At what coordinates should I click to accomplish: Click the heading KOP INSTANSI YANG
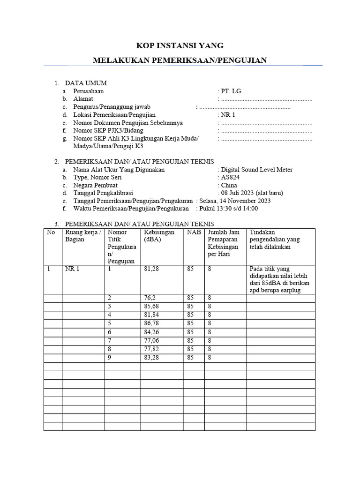(180, 45)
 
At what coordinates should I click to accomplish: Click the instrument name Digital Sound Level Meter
(256, 170)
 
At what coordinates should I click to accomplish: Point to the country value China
(229, 185)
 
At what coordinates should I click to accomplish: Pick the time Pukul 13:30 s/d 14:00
(228, 209)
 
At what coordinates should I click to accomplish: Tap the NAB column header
(193, 232)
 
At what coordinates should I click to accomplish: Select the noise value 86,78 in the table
(153, 323)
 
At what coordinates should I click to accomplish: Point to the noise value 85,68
(153, 307)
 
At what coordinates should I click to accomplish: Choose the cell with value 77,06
(153, 340)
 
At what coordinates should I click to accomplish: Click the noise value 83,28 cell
(153, 357)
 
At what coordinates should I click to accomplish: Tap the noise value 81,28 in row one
(153, 269)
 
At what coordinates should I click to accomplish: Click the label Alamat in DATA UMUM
(83, 99)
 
